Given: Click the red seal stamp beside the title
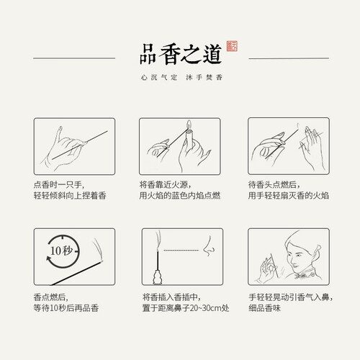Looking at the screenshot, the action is click(232, 46).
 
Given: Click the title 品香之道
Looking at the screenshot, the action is click(181, 54).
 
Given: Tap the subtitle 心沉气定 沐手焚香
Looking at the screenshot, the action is click(181, 77).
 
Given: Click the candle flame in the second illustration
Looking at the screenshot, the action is click(189, 123).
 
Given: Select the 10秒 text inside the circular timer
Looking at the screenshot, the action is click(61, 251).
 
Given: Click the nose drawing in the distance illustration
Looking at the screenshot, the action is click(208, 246).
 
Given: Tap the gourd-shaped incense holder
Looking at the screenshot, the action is click(158, 277).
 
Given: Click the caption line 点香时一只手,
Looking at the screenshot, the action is click(59, 185).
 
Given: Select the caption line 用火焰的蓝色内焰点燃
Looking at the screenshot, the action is click(179, 195).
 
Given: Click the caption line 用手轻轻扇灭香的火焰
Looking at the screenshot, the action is click(289, 195).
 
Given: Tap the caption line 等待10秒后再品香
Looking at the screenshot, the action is click(66, 308).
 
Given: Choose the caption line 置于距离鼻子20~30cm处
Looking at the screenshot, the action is click(186, 308).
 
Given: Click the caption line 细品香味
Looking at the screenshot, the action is click(264, 308).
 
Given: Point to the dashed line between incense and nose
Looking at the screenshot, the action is click(181, 251).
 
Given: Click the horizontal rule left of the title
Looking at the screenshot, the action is click(74, 58).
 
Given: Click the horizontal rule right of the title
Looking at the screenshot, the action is click(289, 58).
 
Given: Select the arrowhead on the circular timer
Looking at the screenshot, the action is click(49, 259).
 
